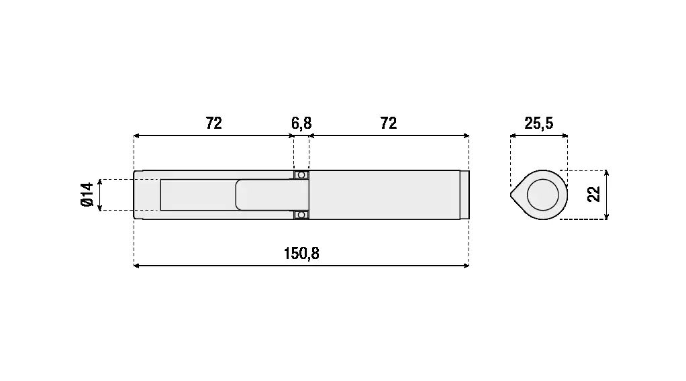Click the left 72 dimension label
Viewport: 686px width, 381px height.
click(214, 123)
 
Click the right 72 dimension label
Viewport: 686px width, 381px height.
click(389, 123)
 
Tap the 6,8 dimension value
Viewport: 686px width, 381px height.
click(301, 124)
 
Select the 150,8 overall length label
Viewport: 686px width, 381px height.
click(301, 254)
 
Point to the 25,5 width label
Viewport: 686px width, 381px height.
click(539, 124)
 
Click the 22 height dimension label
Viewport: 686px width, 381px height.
click(593, 195)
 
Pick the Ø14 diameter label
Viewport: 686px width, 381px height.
click(87, 195)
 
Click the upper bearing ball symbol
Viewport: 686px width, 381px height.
click(301, 175)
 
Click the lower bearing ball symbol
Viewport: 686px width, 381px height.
click(301, 215)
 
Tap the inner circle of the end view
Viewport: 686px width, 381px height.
click(543, 195)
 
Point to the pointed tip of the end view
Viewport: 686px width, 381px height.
click(511, 195)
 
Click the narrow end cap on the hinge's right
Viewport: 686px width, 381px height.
click(464, 195)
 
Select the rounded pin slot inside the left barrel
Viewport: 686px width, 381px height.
click(272, 195)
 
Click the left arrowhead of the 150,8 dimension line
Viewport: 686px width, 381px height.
click(136, 266)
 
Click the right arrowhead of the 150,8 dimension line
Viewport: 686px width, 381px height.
click(467, 266)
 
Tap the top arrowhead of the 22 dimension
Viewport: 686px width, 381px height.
click(606, 173)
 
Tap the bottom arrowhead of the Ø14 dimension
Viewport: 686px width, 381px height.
click(100, 208)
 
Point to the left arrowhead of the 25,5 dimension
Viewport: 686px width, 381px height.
click(513, 135)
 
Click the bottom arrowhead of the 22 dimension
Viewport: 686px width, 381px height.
click(606, 217)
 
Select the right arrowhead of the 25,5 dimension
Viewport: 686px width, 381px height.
click(565, 135)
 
